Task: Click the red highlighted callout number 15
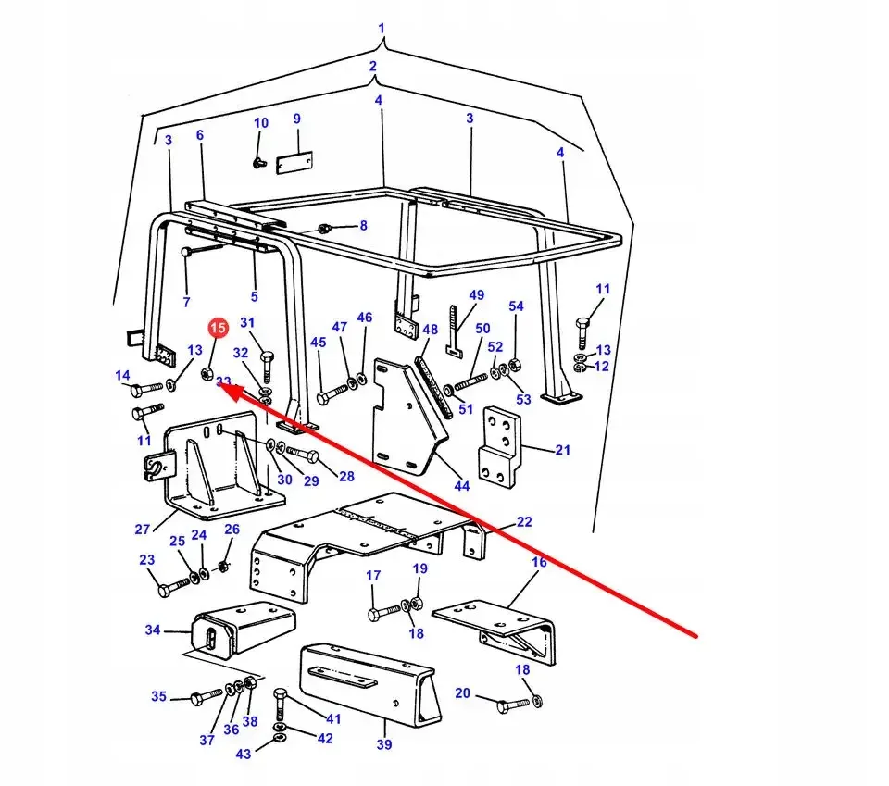[x=218, y=328]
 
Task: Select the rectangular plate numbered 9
[x=294, y=162]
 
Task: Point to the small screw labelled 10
[x=259, y=163]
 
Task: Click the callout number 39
[x=383, y=744]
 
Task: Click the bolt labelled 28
[x=303, y=454]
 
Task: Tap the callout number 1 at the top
[x=381, y=28]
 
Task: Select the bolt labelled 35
[x=206, y=697]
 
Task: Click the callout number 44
[x=461, y=486]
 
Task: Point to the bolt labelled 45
[x=332, y=393]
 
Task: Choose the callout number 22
[x=524, y=521]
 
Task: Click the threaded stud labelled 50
[x=471, y=381]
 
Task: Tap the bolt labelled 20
[x=512, y=705]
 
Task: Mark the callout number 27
[x=143, y=529]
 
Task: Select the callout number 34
[x=153, y=630]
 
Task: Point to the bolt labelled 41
[x=280, y=704]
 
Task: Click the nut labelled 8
[x=324, y=229]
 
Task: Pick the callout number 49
[x=476, y=294]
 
